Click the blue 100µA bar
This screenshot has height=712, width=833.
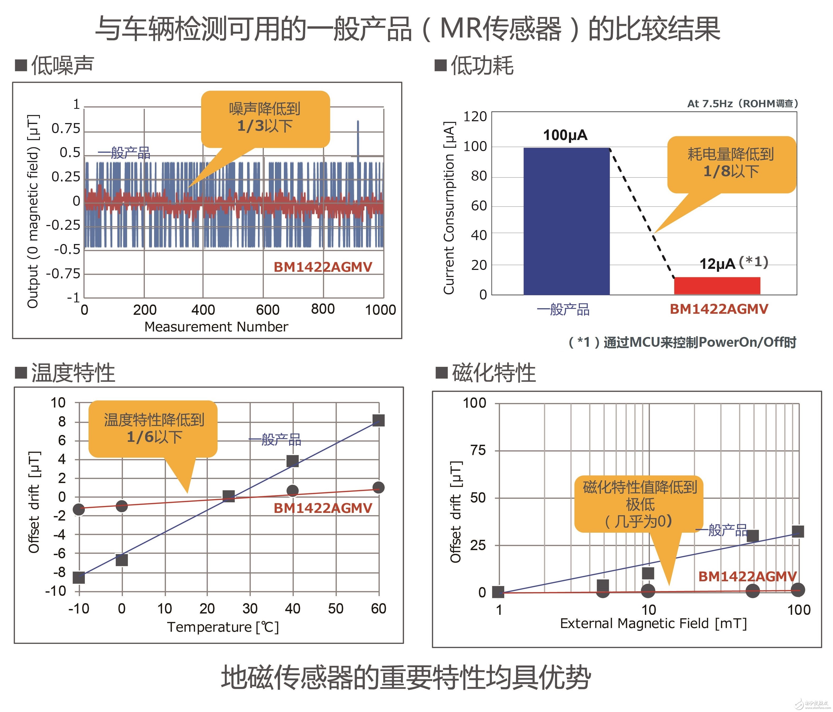point(566,221)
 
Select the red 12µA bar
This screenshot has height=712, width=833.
point(717,286)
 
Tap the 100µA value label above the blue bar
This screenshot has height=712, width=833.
point(565,135)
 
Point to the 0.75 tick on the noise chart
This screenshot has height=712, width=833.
point(66,129)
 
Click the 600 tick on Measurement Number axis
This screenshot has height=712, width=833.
point(267,310)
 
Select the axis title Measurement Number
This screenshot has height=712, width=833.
point(216,327)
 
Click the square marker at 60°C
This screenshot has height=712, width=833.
point(378,421)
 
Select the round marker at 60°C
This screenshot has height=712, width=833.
point(378,488)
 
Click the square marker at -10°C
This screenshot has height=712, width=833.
point(79,577)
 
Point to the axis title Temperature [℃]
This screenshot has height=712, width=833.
point(223,627)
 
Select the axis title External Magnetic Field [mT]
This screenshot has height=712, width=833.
point(653,623)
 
